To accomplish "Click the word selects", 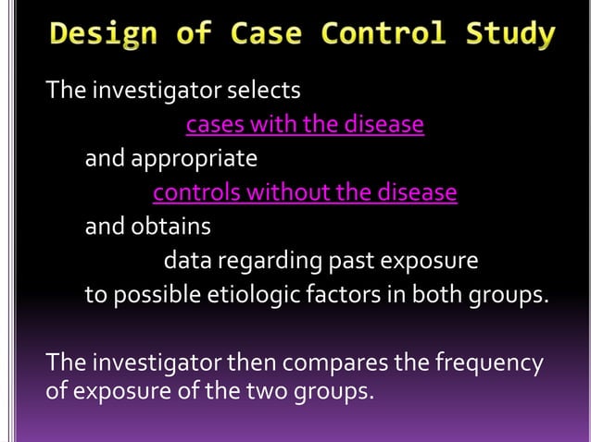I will (264, 91).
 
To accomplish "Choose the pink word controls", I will (195, 193).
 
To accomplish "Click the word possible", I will (151, 296).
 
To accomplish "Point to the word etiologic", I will (247, 296).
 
